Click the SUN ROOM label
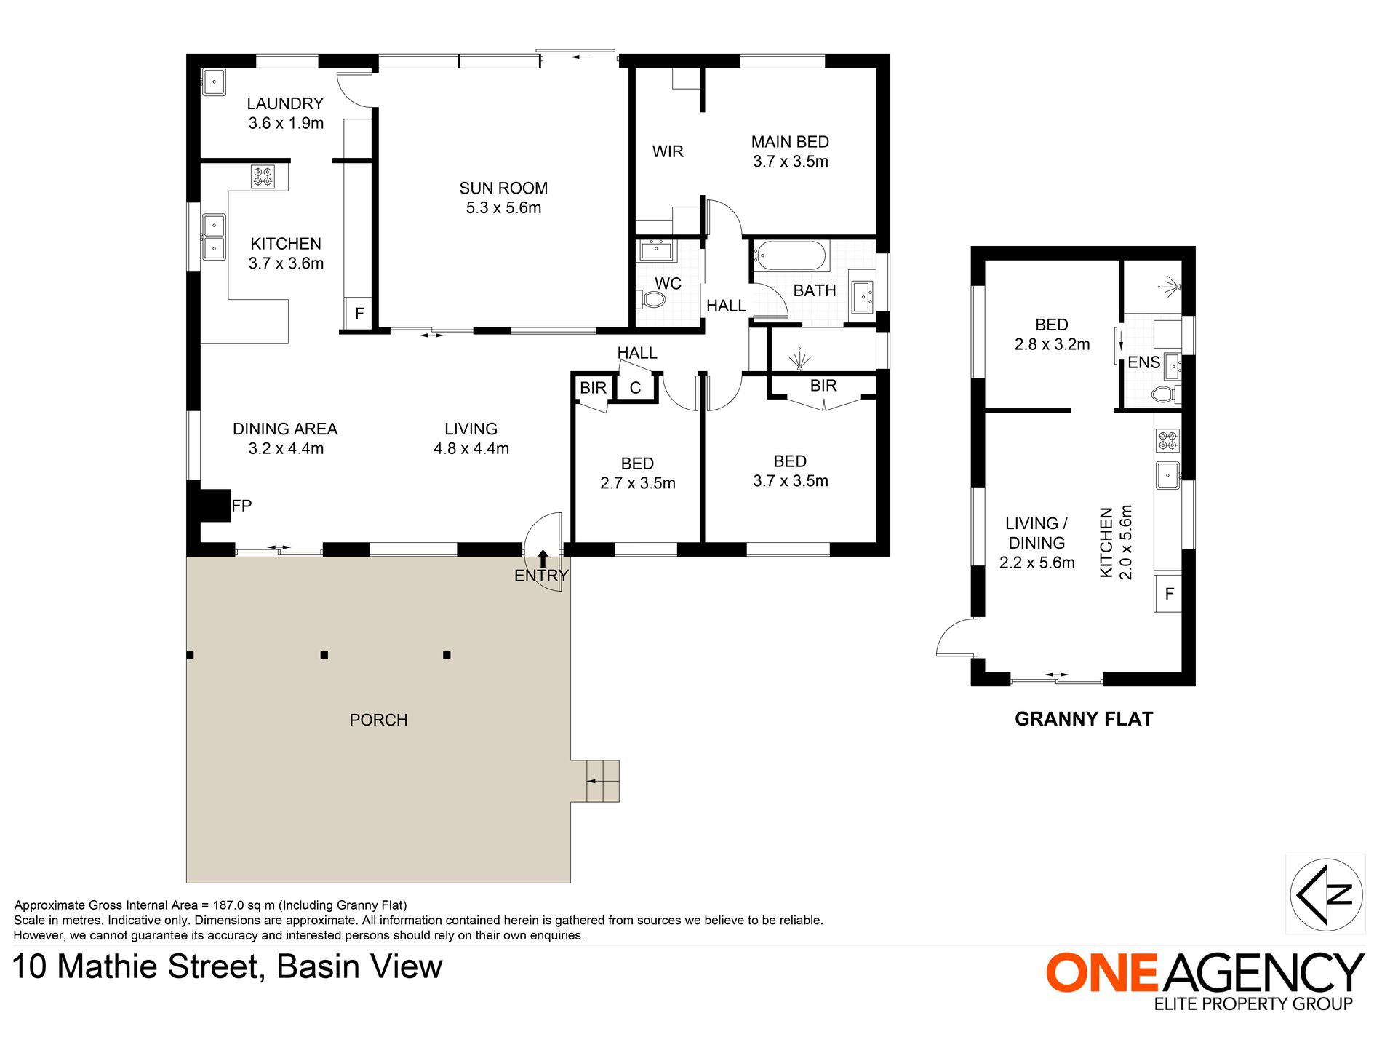coord(503,188)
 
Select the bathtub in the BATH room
coord(789,256)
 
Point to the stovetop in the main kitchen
coord(263,177)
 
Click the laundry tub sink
coord(214,82)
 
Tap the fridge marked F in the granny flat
coord(1168,593)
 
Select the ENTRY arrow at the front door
coord(543,559)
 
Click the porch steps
coord(603,781)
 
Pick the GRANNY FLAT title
coord(1084,719)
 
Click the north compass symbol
coord(1325,894)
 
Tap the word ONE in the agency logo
coord(1101,972)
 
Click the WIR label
coord(668,151)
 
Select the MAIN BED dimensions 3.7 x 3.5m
coord(791,162)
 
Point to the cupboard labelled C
coord(636,387)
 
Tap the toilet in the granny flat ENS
coord(1165,394)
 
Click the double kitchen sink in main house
coord(214,237)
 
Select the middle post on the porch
coord(324,655)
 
